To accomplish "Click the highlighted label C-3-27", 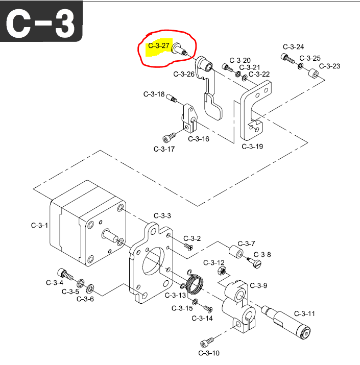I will pos(158,46).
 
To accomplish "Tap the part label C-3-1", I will pos(39,225).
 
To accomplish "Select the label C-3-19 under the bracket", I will pos(252,147).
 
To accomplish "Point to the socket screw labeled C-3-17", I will pos(169,137).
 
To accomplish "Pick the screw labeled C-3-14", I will pos(207,308).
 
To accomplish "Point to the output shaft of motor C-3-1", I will pos(110,235).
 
